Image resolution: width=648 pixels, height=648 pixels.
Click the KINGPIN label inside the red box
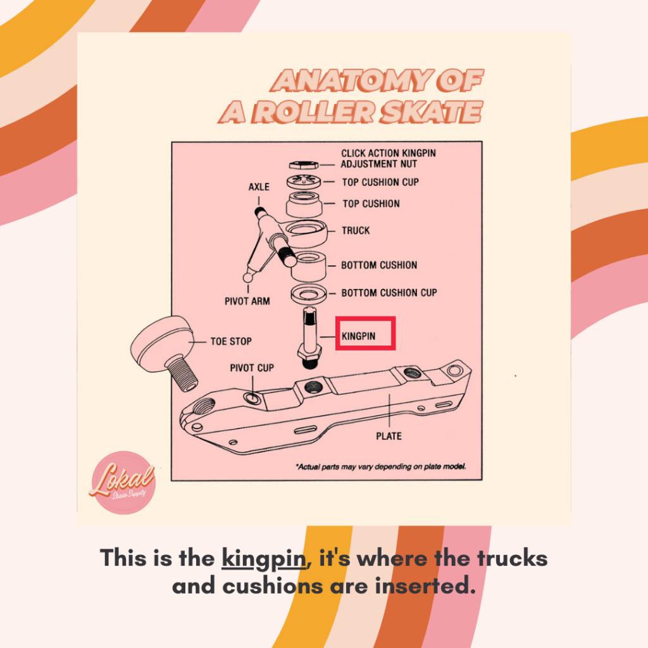click(358, 336)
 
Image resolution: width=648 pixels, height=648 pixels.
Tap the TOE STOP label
click(231, 341)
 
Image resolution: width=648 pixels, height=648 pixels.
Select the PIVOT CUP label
click(251, 368)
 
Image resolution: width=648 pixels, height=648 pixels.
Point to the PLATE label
click(389, 436)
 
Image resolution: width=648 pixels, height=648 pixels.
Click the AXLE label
click(259, 187)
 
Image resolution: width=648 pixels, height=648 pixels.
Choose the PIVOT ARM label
click(247, 301)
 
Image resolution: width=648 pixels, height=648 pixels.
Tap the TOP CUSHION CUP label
click(380, 182)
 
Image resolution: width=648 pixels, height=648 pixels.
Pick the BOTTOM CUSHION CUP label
click(389, 293)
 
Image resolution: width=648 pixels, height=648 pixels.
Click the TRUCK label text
click(356, 230)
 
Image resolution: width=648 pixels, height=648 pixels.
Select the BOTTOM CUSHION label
click(379, 265)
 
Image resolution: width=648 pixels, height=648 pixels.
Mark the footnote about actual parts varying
click(381, 467)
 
